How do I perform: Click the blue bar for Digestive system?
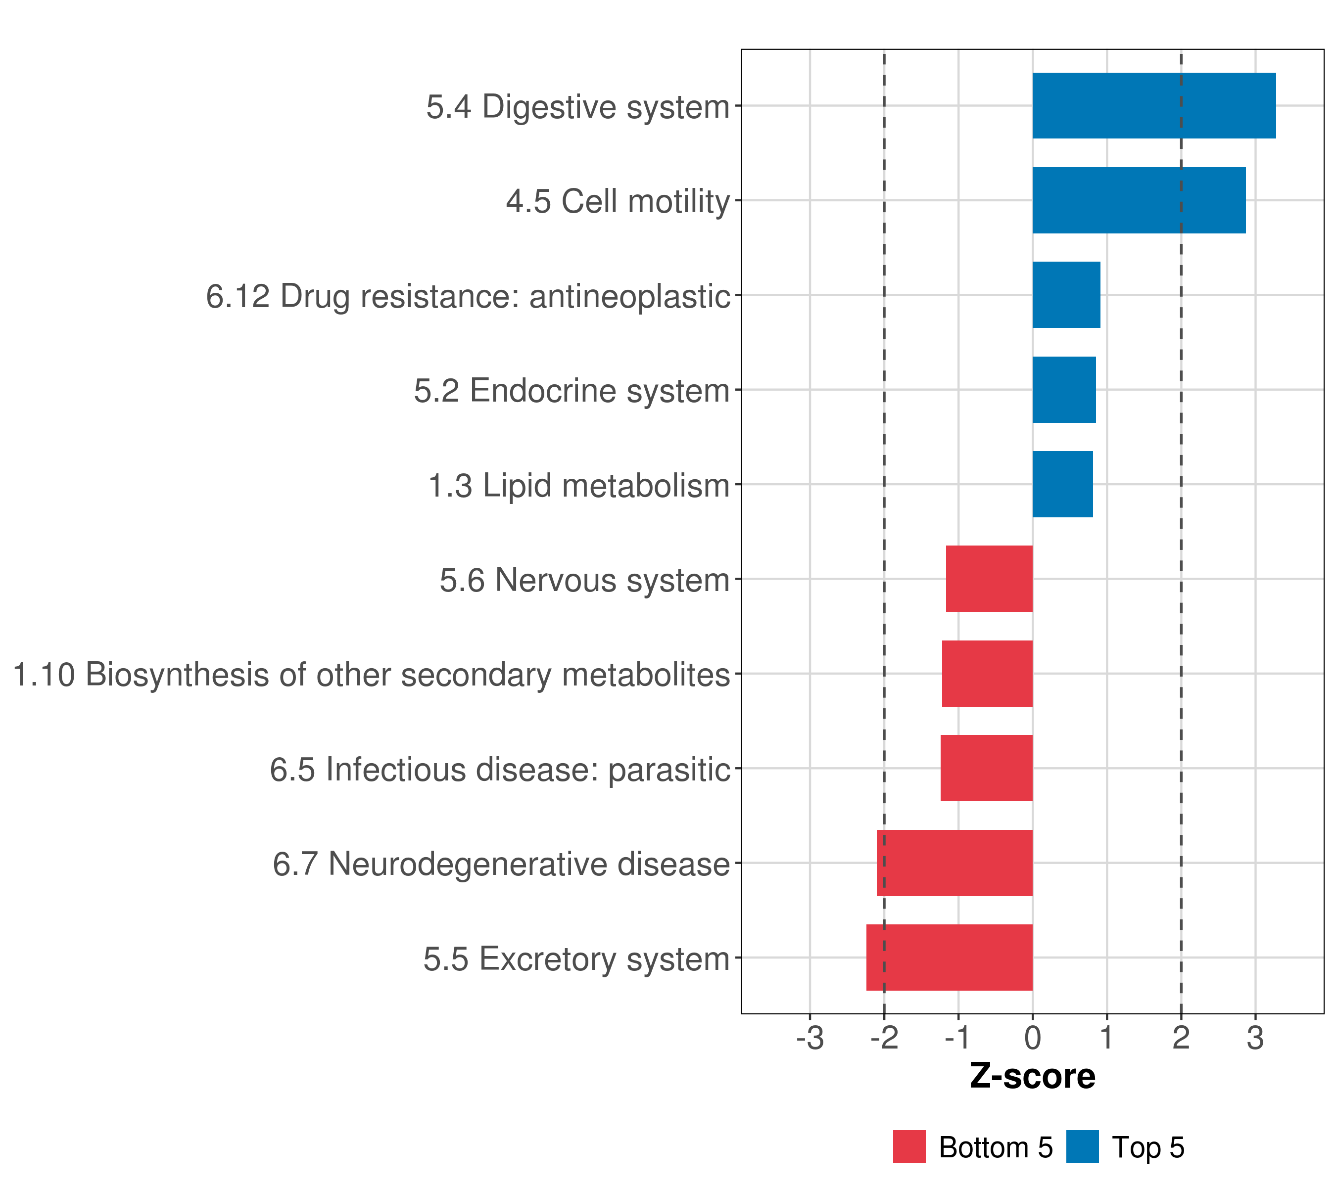click(x=1153, y=106)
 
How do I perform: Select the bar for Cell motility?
click(x=1139, y=201)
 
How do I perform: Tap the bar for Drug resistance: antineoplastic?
click(x=1066, y=295)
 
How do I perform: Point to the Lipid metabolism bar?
click(x=1062, y=484)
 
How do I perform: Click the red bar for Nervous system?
click(x=989, y=579)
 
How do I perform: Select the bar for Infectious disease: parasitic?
click(x=986, y=768)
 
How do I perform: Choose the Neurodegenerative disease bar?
click(x=954, y=863)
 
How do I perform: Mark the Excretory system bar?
click(x=949, y=958)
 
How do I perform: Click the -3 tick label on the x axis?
click(x=810, y=1038)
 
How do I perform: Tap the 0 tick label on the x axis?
click(x=1033, y=1038)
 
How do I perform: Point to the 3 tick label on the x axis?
click(x=1255, y=1038)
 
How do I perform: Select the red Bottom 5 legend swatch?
click(x=909, y=1146)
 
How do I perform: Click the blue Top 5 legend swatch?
click(x=1082, y=1146)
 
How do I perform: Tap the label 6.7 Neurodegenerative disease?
click(x=501, y=864)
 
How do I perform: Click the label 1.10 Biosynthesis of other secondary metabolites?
click(x=371, y=675)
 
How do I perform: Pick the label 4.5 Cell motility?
click(x=618, y=201)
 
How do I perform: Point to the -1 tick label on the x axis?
click(x=957, y=1038)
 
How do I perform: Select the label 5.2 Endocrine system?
click(x=572, y=391)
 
